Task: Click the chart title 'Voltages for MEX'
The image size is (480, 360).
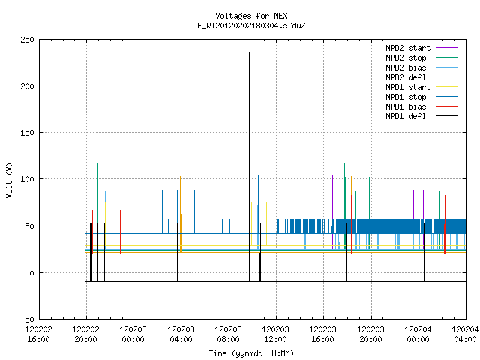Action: pyautogui.click(x=251, y=16)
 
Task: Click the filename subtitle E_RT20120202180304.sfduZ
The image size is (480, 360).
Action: pyautogui.click(x=251, y=25)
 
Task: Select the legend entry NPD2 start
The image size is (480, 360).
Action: pyautogui.click(x=421, y=48)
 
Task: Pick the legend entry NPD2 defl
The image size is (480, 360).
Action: pyautogui.click(x=421, y=77)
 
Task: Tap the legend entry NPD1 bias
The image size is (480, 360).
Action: pyautogui.click(x=421, y=106)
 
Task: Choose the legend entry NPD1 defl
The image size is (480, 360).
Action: pyautogui.click(x=421, y=116)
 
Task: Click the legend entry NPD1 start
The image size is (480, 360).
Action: pyautogui.click(x=421, y=87)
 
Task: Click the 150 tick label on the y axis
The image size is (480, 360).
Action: pyautogui.click(x=27, y=133)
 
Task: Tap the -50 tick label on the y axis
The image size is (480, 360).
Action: pyautogui.click(x=27, y=319)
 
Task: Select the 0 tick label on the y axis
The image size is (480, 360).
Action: pyautogui.click(x=31, y=273)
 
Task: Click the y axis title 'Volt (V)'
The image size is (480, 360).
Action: pyautogui.click(x=9, y=180)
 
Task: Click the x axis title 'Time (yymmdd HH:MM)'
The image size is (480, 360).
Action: pyautogui.click(x=251, y=353)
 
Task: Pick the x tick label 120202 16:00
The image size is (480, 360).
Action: pyautogui.click(x=38, y=334)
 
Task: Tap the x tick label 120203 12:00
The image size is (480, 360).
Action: pyautogui.click(x=275, y=334)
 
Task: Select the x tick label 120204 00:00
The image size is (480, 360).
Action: pyautogui.click(x=418, y=334)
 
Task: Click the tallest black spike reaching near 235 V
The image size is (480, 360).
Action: pyautogui.click(x=249, y=166)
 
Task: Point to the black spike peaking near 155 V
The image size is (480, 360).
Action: pyautogui.click(x=343, y=205)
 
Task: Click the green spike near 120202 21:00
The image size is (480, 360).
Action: pyautogui.click(x=97, y=206)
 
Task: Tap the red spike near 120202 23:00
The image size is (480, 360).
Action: pyautogui.click(x=120, y=232)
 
